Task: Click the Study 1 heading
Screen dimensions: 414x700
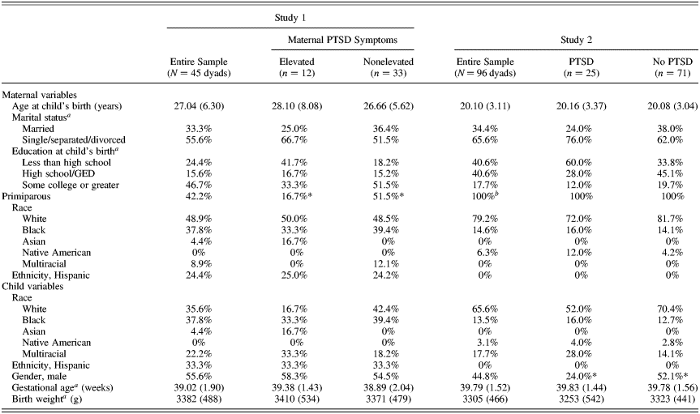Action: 290,14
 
